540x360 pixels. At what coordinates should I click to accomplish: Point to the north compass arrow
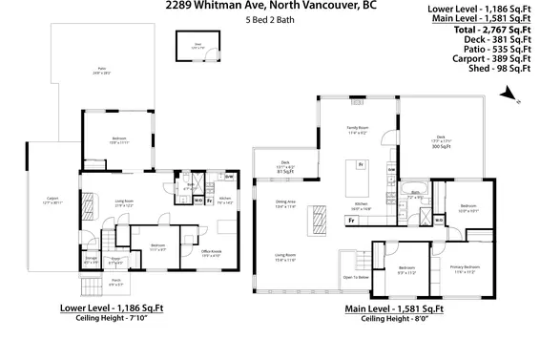click(x=509, y=93)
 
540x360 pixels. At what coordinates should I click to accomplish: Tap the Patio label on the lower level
click(x=102, y=70)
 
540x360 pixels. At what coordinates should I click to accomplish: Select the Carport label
click(x=51, y=201)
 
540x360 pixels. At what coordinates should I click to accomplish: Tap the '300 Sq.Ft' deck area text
click(x=440, y=147)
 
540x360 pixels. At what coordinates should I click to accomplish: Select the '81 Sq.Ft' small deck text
click(x=284, y=172)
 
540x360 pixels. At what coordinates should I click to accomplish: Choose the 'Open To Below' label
click(x=356, y=277)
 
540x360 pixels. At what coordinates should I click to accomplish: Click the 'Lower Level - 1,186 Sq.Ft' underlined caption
click(x=113, y=307)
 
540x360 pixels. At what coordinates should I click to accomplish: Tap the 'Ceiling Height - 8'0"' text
click(x=393, y=318)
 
